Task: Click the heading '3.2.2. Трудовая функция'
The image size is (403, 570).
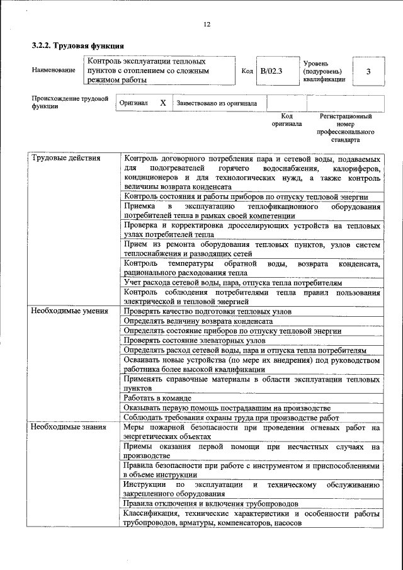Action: click(77, 46)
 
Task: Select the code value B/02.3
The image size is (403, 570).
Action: click(272, 71)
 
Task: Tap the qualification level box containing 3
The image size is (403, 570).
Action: click(368, 71)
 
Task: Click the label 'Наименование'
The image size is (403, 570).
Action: click(54, 71)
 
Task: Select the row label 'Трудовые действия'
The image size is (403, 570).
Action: click(66, 158)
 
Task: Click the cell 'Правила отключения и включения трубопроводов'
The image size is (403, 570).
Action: click(211, 503)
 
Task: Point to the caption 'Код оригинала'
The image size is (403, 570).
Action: click(287, 120)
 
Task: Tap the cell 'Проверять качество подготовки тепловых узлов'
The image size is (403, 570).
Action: click(207, 311)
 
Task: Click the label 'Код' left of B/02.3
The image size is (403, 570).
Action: click(247, 71)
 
